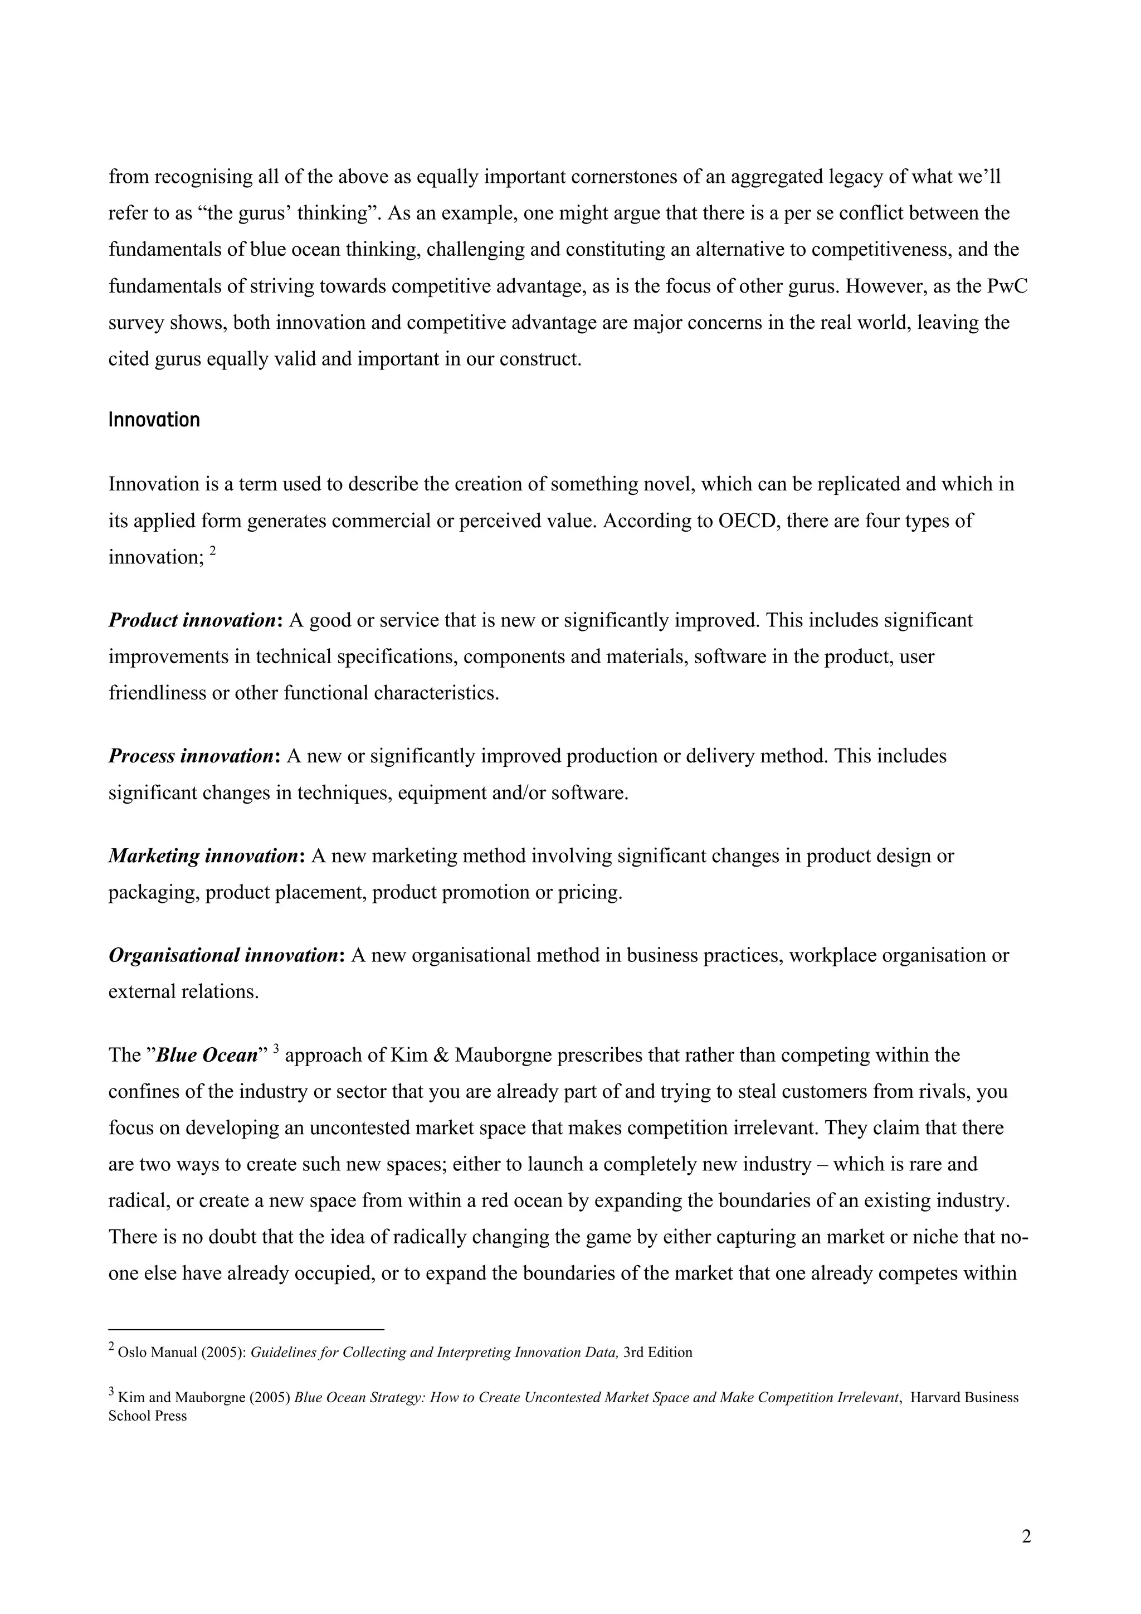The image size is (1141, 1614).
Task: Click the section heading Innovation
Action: (154, 420)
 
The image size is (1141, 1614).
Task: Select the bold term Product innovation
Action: (192, 621)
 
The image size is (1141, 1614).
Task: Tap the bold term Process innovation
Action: (191, 756)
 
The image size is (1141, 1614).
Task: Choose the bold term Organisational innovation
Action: (223, 956)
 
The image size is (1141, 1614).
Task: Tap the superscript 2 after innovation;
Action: (212, 552)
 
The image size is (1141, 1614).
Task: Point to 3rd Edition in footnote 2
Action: (657, 1353)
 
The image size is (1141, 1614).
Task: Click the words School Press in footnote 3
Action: (148, 1416)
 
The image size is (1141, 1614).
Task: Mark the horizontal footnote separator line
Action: (246, 1329)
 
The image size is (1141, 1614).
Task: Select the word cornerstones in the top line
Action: (624, 177)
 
